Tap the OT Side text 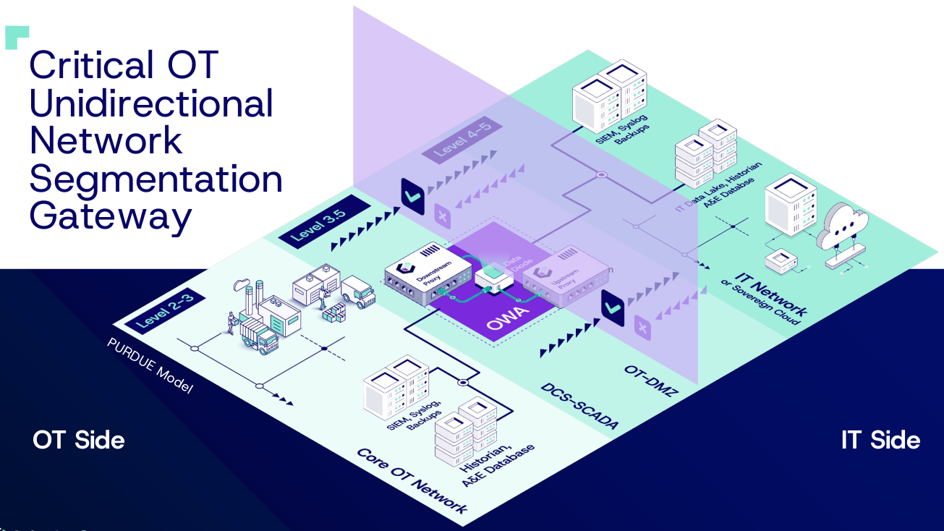78,440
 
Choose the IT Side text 880,440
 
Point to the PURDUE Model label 150,366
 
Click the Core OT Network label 412,480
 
